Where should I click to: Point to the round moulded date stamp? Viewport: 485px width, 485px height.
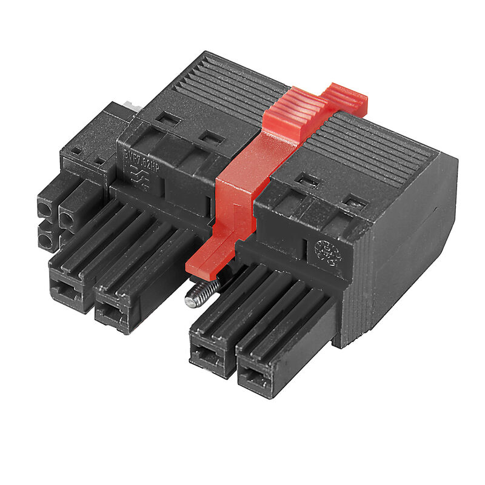(x=328, y=254)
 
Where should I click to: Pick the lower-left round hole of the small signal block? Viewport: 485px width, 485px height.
(x=45, y=242)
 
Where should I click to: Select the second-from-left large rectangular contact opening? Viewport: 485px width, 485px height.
(x=110, y=314)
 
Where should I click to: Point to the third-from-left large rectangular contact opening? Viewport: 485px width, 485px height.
(x=206, y=358)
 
